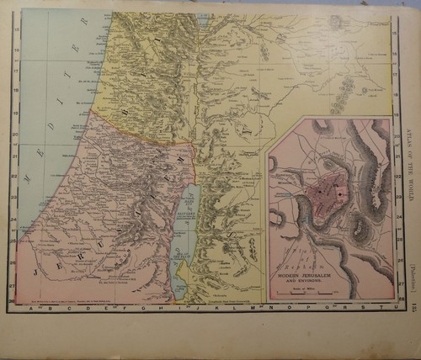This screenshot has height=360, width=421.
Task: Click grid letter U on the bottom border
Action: [386, 308]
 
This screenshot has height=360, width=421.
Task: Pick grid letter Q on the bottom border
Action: [316, 308]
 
